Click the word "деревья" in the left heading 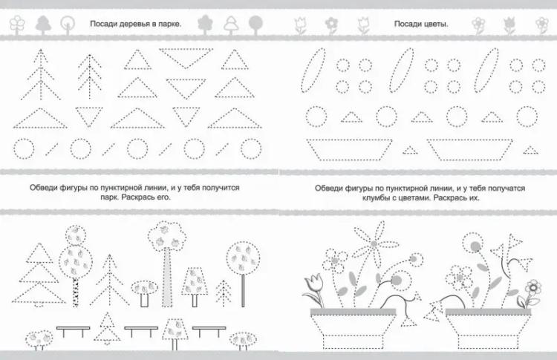click(x=129, y=24)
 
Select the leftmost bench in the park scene click(x=73, y=331)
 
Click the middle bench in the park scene click(x=141, y=331)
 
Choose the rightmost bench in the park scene click(x=209, y=331)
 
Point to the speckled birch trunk click(x=75, y=292)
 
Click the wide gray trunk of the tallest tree click(x=167, y=278)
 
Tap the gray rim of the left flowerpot click(x=353, y=312)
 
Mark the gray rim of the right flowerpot click(x=488, y=312)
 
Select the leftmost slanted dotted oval click(x=313, y=71)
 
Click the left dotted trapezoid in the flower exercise click(x=349, y=150)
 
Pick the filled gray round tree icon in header click(x=255, y=24)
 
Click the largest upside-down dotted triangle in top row click(x=186, y=58)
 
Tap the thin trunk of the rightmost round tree click(x=244, y=290)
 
